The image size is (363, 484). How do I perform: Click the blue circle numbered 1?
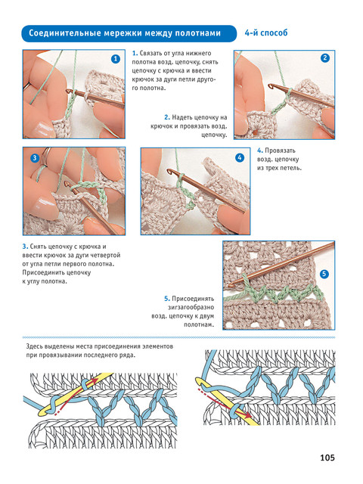pos(116,59)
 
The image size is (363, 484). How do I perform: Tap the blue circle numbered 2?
pos(325,58)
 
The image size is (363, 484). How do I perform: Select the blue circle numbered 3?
pos(34,158)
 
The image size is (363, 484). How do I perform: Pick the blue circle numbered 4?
pos(240,158)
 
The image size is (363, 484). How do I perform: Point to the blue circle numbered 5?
pos(324,274)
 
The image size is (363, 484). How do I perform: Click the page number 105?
pos(327,458)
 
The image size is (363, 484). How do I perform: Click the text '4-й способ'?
pos(266,33)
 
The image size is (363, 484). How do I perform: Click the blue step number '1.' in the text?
pos(135,53)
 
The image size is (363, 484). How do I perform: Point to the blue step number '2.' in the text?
pos(167,117)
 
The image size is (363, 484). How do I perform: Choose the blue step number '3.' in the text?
pos(25,247)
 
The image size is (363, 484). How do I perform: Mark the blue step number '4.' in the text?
pos(260,150)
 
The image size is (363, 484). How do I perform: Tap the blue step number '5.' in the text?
pos(167,299)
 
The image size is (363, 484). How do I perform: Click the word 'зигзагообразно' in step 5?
pos(191,308)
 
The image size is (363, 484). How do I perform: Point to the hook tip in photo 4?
pos(169,171)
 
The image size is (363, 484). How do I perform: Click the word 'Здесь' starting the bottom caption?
pos(34,346)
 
